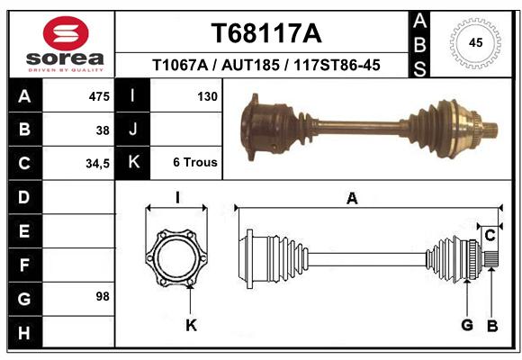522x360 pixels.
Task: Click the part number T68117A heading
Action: pyautogui.click(x=266, y=33)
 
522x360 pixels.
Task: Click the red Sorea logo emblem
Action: pyautogui.click(x=66, y=33)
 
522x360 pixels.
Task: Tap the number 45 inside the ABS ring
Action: pyautogui.click(x=475, y=42)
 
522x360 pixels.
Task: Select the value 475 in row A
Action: pyautogui.click(x=99, y=96)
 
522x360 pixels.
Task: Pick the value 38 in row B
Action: pyautogui.click(x=103, y=130)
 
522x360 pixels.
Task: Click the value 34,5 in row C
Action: pyautogui.click(x=97, y=164)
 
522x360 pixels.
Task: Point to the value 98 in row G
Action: pyautogui.click(x=103, y=296)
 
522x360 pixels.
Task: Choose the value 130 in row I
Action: pyautogui.click(x=207, y=96)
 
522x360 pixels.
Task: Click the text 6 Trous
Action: pyautogui.click(x=195, y=162)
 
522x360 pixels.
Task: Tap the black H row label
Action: pyautogui.click(x=25, y=332)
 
